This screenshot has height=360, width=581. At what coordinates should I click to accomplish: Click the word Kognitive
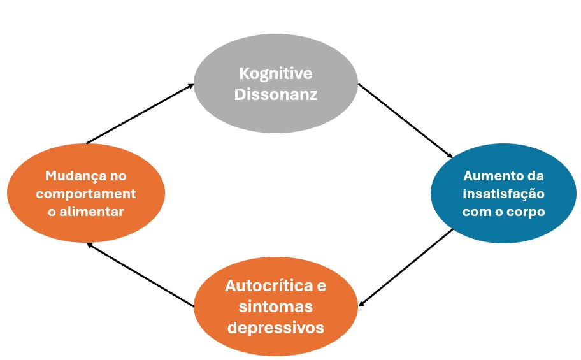click(x=276, y=74)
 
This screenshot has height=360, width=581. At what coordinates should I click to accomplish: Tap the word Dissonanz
click(x=276, y=94)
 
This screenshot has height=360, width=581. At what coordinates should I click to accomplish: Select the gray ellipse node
click(x=276, y=83)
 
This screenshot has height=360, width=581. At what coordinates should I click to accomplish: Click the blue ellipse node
click(x=503, y=193)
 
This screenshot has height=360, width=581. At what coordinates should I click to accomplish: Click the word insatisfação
click(x=503, y=194)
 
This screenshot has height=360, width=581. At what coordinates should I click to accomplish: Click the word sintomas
click(x=276, y=307)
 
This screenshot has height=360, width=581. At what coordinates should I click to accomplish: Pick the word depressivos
click(x=276, y=328)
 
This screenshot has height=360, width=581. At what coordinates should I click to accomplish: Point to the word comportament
click(x=86, y=194)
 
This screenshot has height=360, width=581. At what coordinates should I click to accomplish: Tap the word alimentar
click(x=92, y=212)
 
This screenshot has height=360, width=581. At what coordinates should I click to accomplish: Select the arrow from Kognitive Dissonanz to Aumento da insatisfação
click(x=405, y=121)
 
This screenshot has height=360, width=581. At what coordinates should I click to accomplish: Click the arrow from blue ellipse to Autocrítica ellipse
click(x=406, y=268)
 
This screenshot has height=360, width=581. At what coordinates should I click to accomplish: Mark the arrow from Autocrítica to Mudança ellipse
click(x=140, y=275)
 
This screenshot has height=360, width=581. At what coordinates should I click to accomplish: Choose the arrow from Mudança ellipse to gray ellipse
click(x=140, y=113)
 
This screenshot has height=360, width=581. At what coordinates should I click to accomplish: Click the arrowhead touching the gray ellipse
click(x=191, y=85)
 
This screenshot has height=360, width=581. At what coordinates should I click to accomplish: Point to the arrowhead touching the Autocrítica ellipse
click(x=361, y=304)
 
